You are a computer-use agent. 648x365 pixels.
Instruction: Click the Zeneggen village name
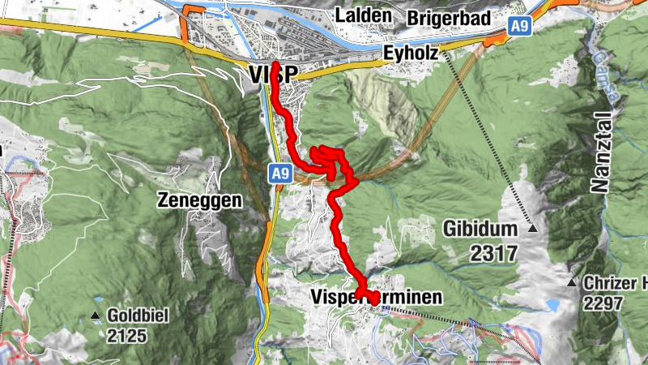(201, 200)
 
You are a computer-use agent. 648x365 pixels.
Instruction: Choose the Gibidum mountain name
(480, 230)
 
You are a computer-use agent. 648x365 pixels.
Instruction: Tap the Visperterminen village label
(377, 298)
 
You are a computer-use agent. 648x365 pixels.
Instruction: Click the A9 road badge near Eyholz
(519, 28)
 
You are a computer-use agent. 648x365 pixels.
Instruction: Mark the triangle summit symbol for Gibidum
(532, 230)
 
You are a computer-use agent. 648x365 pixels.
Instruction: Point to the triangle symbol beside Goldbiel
(96, 316)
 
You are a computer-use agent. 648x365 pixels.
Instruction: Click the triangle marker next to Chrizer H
(573, 283)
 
